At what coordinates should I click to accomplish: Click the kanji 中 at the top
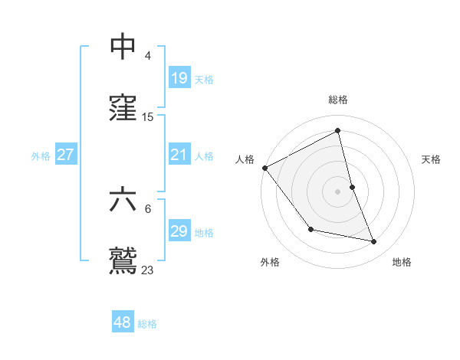click(124, 47)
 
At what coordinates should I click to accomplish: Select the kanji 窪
click(124, 108)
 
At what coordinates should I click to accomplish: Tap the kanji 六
click(124, 199)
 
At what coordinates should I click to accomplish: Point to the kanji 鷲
click(124, 260)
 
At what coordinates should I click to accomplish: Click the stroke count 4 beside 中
click(147, 56)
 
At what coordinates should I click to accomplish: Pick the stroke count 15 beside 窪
click(148, 117)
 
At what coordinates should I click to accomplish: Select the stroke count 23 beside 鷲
click(148, 270)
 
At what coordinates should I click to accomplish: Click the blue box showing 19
click(179, 78)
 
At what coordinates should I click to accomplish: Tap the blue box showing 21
click(179, 155)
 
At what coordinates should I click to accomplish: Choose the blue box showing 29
click(179, 231)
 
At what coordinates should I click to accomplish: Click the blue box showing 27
click(66, 155)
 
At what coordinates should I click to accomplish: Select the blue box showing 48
click(123, 322)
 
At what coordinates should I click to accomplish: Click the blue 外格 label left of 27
click(41, 155)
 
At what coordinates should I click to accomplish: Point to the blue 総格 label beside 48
click(147, 324)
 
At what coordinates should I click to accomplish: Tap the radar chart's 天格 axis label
click(431, 159)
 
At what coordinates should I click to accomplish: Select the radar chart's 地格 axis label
click(402, 262)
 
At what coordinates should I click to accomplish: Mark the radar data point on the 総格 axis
click(338, 131)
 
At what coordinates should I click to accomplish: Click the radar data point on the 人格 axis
click(265, 168)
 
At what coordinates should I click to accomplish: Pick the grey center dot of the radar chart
click(338, 191)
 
